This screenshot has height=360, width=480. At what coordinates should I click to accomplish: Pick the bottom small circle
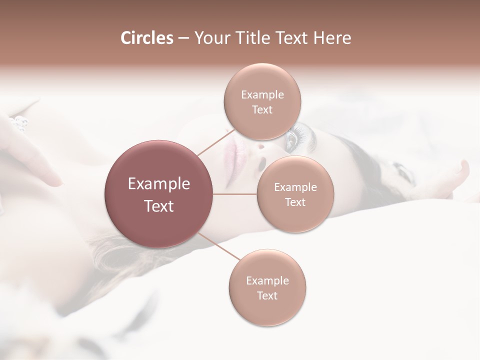point(267,288)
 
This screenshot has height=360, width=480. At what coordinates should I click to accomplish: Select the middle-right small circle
point(295,194)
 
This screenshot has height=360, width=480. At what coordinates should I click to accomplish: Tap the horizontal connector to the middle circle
point(235,194)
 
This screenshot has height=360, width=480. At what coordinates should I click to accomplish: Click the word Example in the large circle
point(159,184)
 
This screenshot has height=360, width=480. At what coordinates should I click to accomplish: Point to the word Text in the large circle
point(159,206)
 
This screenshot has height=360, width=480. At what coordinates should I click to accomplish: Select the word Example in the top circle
point(262,95)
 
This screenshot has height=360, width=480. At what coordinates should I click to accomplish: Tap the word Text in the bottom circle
point(267,296)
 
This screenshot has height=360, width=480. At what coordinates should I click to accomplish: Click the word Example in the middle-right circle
point(295,187)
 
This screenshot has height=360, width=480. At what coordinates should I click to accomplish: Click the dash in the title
point(183,38)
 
